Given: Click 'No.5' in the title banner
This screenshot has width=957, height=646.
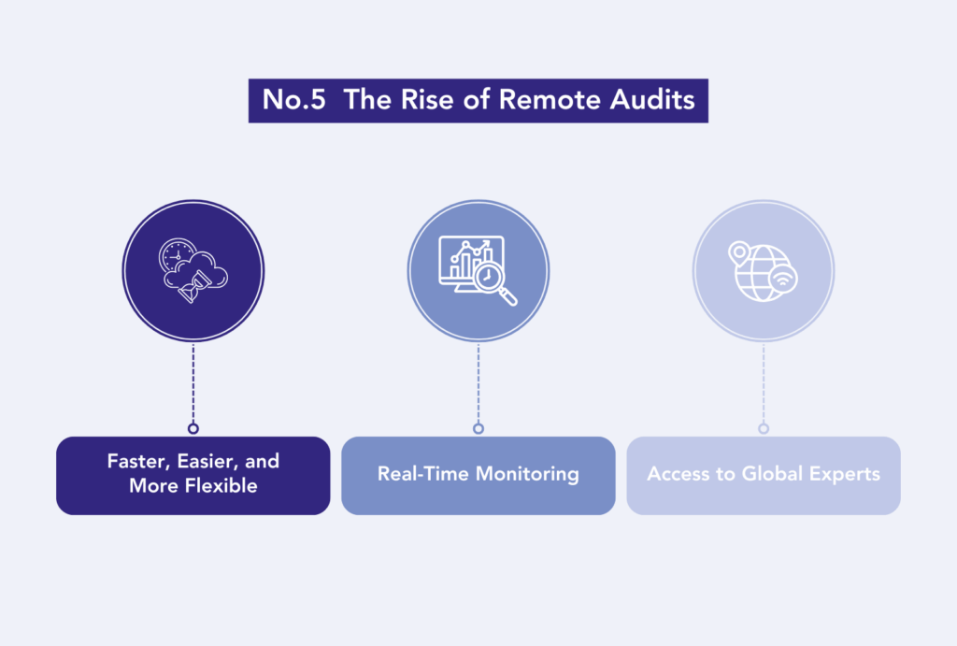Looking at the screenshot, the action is (x=294, y=99).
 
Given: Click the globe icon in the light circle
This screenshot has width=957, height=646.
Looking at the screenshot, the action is (x=761, y=274).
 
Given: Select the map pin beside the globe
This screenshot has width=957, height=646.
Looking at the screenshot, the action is (x=739, y=252).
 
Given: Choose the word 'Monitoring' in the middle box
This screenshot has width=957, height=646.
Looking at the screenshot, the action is (x=527, y=474).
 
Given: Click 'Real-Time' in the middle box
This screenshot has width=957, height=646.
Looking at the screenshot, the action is (x=423, y=474).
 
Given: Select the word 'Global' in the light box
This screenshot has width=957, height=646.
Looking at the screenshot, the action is (x=772, y=474).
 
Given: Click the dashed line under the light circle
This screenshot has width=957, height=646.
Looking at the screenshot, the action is (x=764, y=383).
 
